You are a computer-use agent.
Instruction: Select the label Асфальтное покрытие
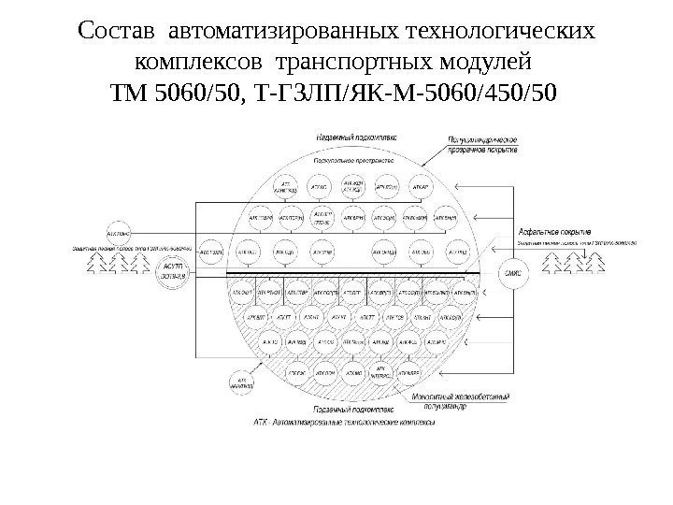pos(552,231)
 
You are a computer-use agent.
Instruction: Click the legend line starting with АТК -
pos(356,422)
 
